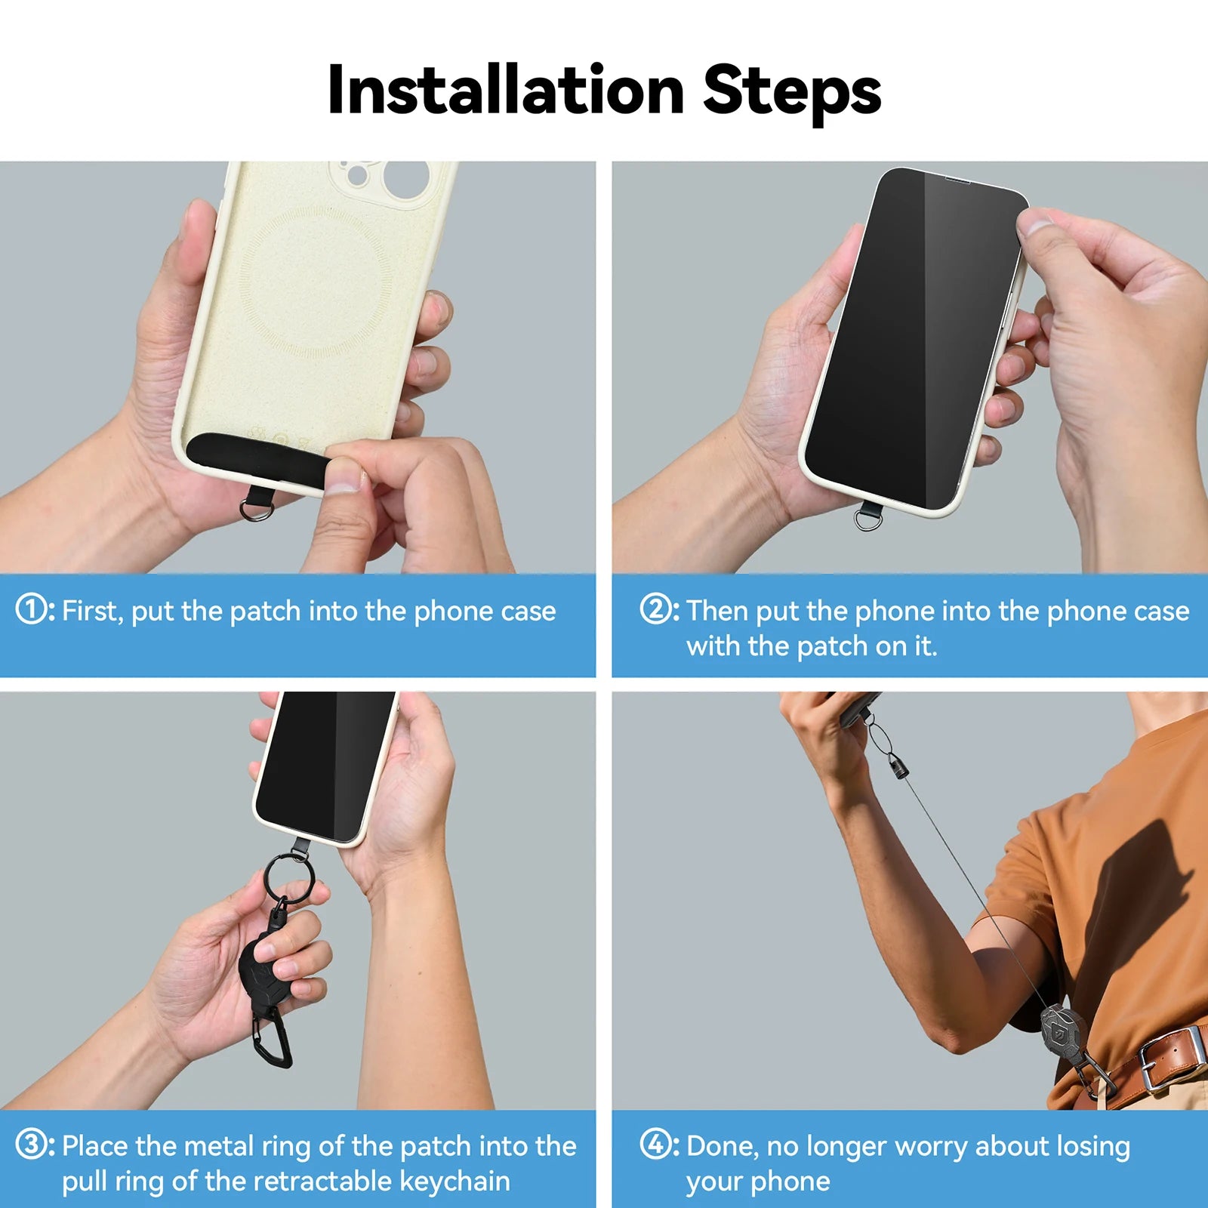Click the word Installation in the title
pos(506,91)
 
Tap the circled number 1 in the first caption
pos(32,609)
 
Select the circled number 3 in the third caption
pos(32,1144)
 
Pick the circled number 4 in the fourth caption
pos(655,1144)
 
